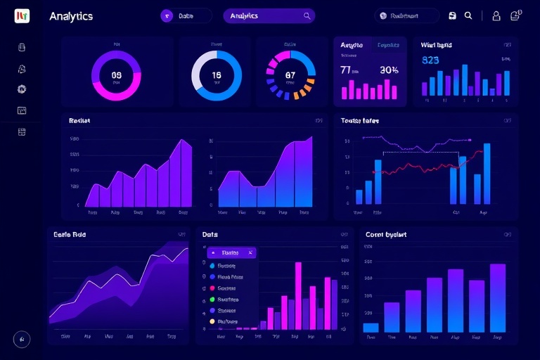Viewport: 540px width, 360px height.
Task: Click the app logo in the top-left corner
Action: pyautogui.click(x=22, y=15)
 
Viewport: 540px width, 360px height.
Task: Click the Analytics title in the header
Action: pyautogui.click(x=71, y=16)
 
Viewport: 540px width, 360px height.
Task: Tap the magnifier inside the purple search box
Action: pyautogui.click(x=307, y=15)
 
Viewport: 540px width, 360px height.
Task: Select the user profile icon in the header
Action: pyautogui.click(x=496, y=15)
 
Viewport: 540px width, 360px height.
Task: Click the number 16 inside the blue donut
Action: pyautogui.click(x=216, y=75)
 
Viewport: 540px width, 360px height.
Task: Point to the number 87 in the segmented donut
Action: pyautogui.click(x=290, y=75)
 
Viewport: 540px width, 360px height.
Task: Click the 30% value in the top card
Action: pyautogui.click(x=389, y=70)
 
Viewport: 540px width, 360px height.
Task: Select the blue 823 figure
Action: pyautogui.click(x=430, y=60)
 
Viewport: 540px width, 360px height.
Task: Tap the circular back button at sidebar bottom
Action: pyautogui.click(x=22, y=339)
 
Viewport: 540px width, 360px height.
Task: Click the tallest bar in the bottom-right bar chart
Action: pyautogui.click(x=498, y=297)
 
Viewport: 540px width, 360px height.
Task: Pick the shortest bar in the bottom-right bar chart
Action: pyautogui.click(x=371, y=327)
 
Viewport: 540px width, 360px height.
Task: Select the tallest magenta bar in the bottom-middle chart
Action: pyautogui.click(x=298, y=295)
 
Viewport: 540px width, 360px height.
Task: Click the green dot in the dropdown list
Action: pyautogui.click(x=212, y=300)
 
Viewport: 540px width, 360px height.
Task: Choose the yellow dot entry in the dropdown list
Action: pyautogui.click(x=212, y=321)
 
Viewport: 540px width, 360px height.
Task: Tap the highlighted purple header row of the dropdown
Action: pyautogui.click(x=231, y=252)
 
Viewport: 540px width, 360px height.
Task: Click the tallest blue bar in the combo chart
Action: pyautogui.click(x=487, y=173)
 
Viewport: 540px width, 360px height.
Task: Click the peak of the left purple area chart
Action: pyautogui.click(x=184, y=141)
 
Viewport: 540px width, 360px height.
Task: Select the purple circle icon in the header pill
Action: pyautogui.click(x=167, y=15)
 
